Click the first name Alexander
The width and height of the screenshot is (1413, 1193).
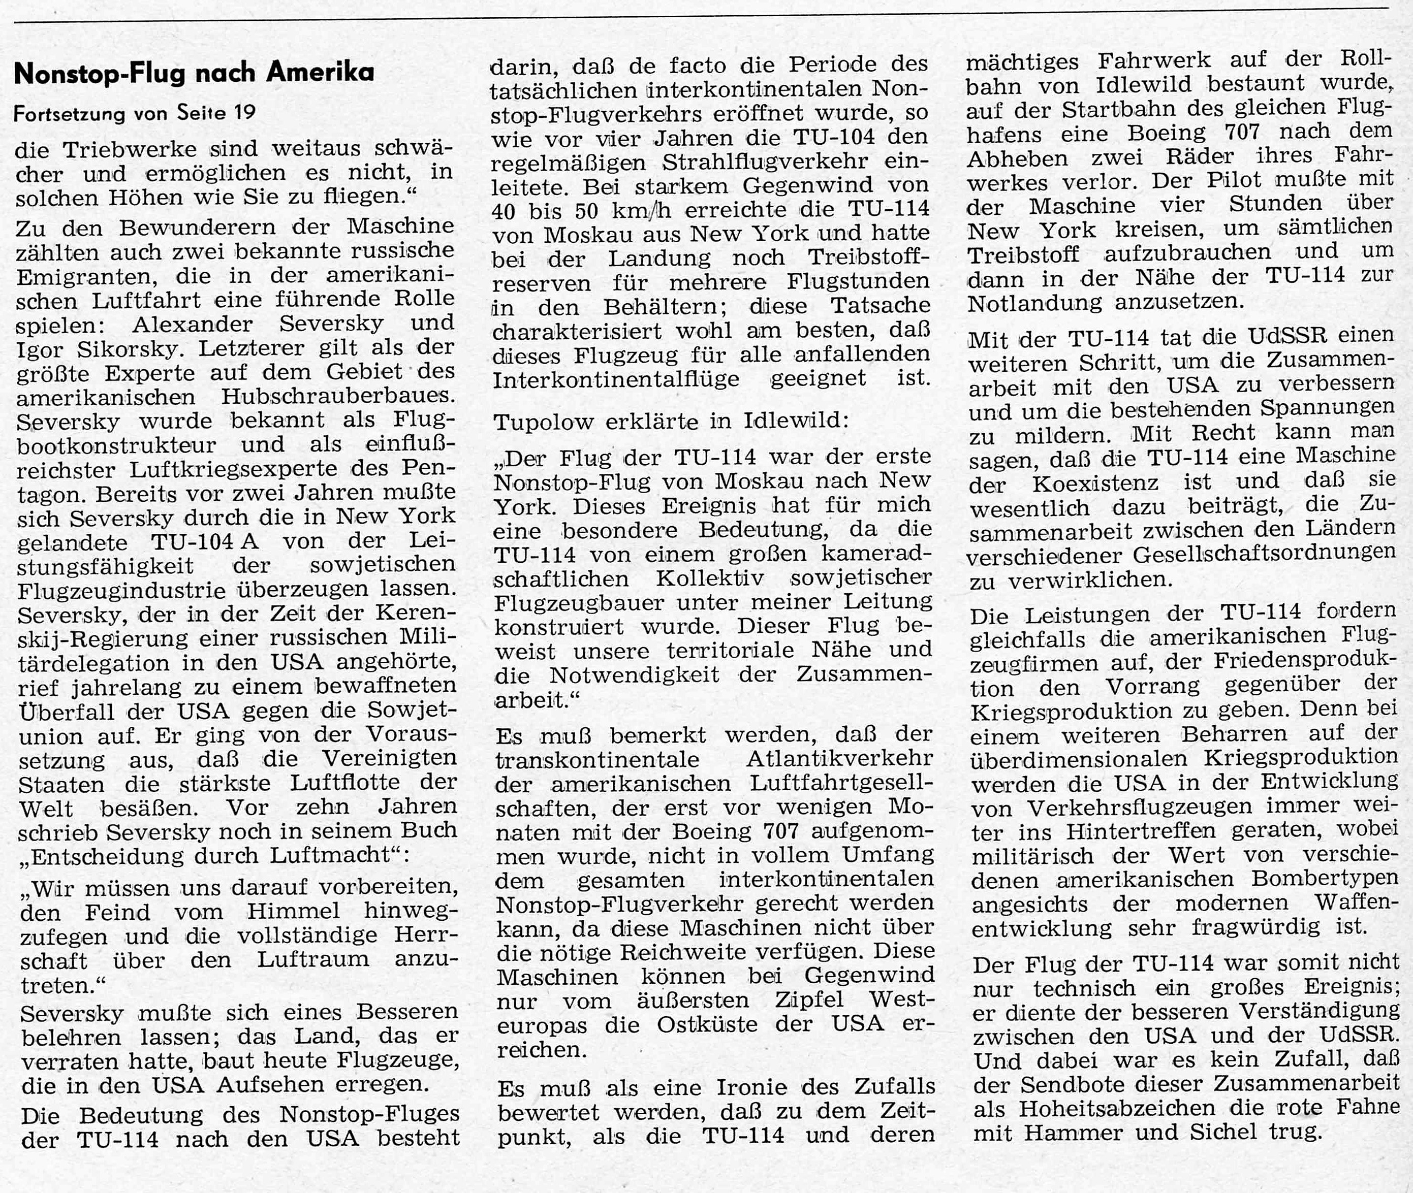pos(192,325)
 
